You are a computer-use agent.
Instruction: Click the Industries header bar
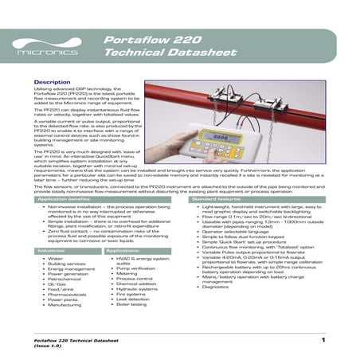53,250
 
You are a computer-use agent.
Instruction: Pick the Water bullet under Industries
55,259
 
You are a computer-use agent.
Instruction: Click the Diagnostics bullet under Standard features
215,286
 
